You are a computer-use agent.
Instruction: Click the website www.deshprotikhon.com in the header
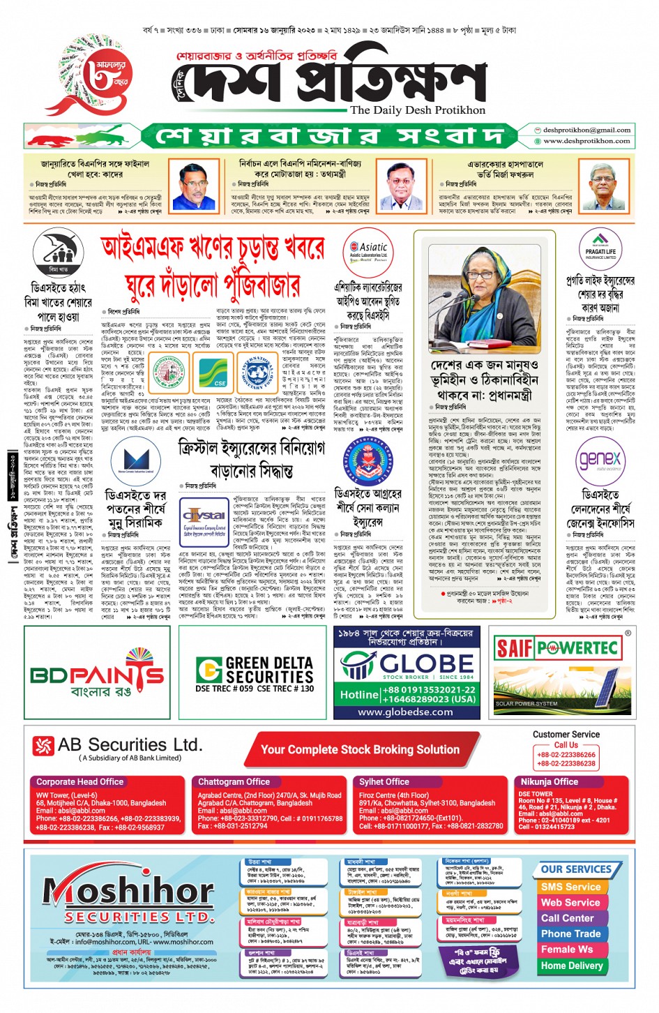pyautogui.click(x=586, y=141)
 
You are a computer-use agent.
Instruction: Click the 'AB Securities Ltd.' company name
pyautogui.click(x=129, y=745)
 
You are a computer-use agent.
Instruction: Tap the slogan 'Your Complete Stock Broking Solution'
pyautogui.click(x=360, y=750)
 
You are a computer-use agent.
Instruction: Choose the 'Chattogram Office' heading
pyautogui.click(x=234, y=782)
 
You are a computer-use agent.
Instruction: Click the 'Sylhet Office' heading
pyautogui.click(x=384, y=782)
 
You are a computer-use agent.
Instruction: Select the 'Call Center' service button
pyautogui.click(x=567, y=918)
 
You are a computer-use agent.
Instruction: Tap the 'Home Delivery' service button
pyautogui.click(x=572, y=966)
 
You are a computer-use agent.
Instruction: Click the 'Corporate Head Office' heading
pyautogui.click(x=79, y=782)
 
